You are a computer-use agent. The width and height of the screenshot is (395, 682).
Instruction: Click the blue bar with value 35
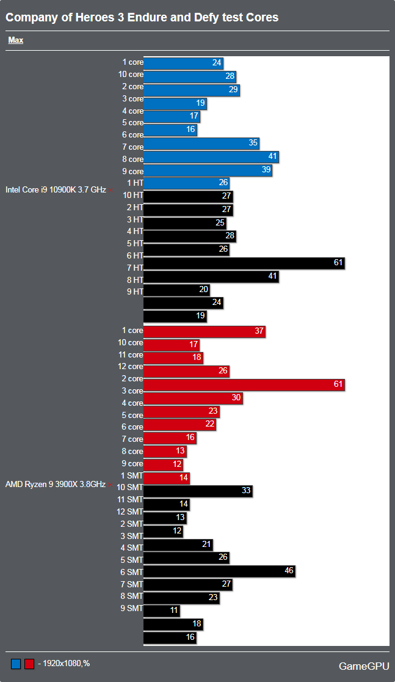click(201, 144)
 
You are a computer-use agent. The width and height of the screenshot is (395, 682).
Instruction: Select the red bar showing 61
click(244, 385)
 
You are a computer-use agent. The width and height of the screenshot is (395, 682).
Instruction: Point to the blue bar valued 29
click(191, 90)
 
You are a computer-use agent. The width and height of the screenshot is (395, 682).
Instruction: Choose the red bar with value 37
click(204, 331)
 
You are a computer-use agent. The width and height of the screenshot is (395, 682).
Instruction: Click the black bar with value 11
click(161, 610)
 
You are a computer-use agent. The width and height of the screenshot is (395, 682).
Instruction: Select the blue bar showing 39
click(208, 170)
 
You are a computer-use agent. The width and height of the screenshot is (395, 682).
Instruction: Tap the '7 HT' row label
click(134, 268)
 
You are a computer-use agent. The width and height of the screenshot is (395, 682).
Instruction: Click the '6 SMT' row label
click(131, 572)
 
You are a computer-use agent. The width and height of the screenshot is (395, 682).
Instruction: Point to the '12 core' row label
click(130, 367)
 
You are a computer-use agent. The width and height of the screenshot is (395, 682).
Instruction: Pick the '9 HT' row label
click(134, 291)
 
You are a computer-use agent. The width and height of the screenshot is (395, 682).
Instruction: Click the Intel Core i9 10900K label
click(56, 189)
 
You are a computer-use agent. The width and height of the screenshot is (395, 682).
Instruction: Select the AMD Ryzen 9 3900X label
click(56, 485)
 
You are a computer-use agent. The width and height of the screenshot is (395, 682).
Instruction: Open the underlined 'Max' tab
click(16, 40)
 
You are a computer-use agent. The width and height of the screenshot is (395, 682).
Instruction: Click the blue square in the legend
click(16, 664)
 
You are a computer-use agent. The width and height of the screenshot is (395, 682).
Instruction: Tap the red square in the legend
click(29, 664)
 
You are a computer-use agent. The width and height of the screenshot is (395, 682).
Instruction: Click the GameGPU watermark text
click(363, 666)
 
